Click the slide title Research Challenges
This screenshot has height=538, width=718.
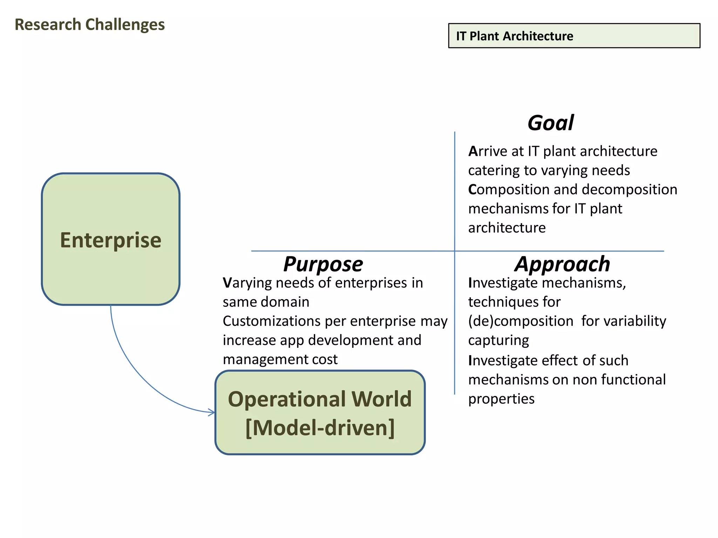pos(90,25)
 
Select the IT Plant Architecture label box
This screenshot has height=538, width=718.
pos(574,36)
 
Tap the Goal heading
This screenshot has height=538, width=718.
pos(550,123)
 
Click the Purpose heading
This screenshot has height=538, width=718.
pos(323,264)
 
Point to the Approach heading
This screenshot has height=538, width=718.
pos(562,264)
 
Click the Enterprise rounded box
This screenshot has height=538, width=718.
pos(111,239)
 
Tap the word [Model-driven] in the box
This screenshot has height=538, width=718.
pos(320,428)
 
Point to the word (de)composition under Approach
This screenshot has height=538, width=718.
pos(521,321)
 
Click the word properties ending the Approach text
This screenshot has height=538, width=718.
pos(501,399)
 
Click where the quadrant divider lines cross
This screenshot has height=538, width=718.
pos(455,251)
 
